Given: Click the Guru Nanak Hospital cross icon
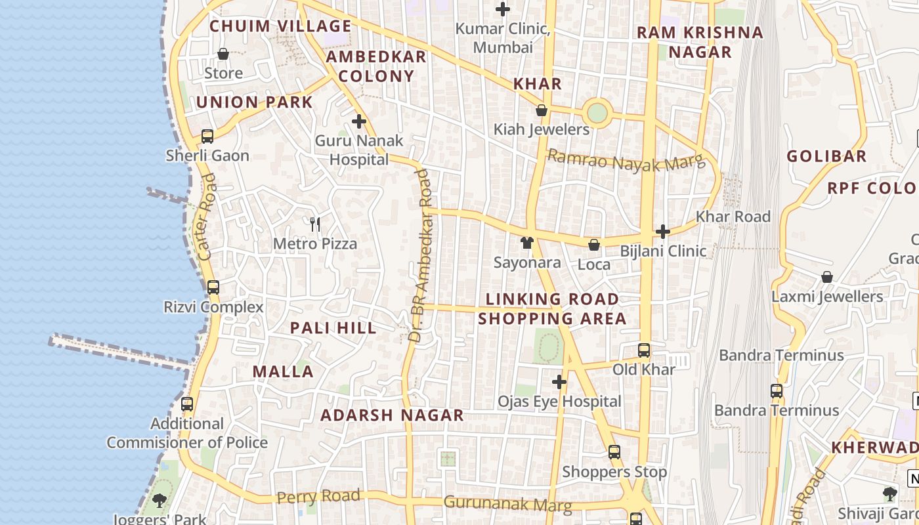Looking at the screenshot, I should pyautogui.click(x=359, y=121).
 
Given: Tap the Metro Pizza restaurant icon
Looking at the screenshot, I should pyautogui.click(x=315, y=224).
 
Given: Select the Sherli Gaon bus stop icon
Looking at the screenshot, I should pyautogui.click(x=207, y=136).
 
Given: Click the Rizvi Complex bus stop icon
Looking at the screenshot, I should pyautogui.click(x=213, y=287).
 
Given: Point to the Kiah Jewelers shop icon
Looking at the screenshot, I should pyautogui.click(x=542, y=110).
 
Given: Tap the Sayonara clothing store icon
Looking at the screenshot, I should pyautogui.click(x=526, y=243).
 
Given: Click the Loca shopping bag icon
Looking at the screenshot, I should pyautogui.click(x=594, y=245).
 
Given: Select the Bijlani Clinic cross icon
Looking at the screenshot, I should pyautogui.click(x=663, y=232).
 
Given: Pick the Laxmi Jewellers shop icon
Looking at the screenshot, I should pyautogui.click(x=827, y=277).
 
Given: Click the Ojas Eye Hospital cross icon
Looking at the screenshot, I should pyautogui.click(x=559, y=382).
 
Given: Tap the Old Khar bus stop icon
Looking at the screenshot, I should pyautogui.click(x=644, y=350).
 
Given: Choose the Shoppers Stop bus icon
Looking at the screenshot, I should pyautogui.click(x=614, y=452).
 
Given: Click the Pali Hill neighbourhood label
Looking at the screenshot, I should pyautogui.click(x=333, y=328).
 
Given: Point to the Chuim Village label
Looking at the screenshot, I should pyautogui.click(x=280, y=26).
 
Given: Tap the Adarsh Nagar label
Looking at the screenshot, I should pyautogui.click(x=392, y=415).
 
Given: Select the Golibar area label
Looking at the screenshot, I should pyautogui.click(x=826, y=156).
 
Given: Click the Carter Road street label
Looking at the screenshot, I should pyautogui.click(x=206, y=217).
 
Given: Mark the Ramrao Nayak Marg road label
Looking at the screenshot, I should pyautogui.click(x=625, y=161).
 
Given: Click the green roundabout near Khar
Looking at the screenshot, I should pyautogui.click(x=597, y=113).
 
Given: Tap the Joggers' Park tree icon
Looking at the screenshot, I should pyautogui.click(x=160, y=501).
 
